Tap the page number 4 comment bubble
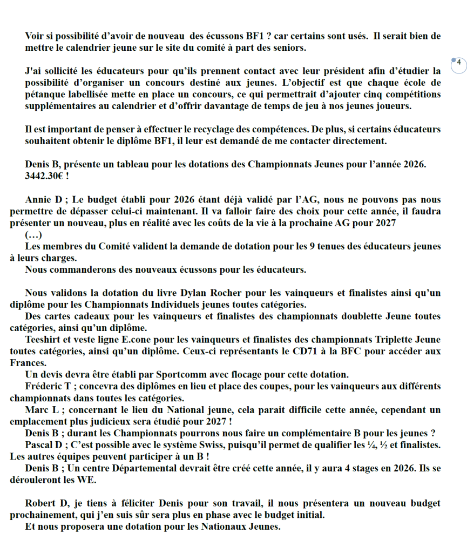(x=458, y=63)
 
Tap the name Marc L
(x=43, y=410)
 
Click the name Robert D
(x=47, y=503)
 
